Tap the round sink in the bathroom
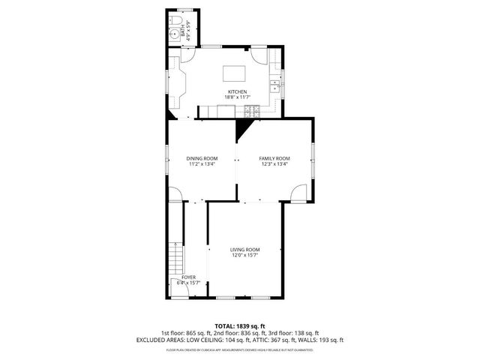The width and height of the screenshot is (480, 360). click(x=173, y=39)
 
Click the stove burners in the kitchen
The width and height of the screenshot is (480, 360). click(x=250, y=112)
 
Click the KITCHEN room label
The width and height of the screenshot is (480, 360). click(x=238, y=91)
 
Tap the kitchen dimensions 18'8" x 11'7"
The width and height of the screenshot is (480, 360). click(x=238, y=97)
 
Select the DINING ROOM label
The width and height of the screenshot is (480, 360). click(x=202, y=158)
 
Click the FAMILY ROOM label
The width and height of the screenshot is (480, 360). click(x=274, y=158)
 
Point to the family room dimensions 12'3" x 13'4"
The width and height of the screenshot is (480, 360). click(x=274, y=164)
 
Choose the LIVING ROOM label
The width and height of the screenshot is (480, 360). click(x=244, y=250)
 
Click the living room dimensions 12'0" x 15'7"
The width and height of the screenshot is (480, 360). click(x=244, y=256)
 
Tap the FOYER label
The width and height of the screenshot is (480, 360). click(x=188, y=277)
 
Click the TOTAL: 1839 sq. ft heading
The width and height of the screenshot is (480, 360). click(x=239, y=326)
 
